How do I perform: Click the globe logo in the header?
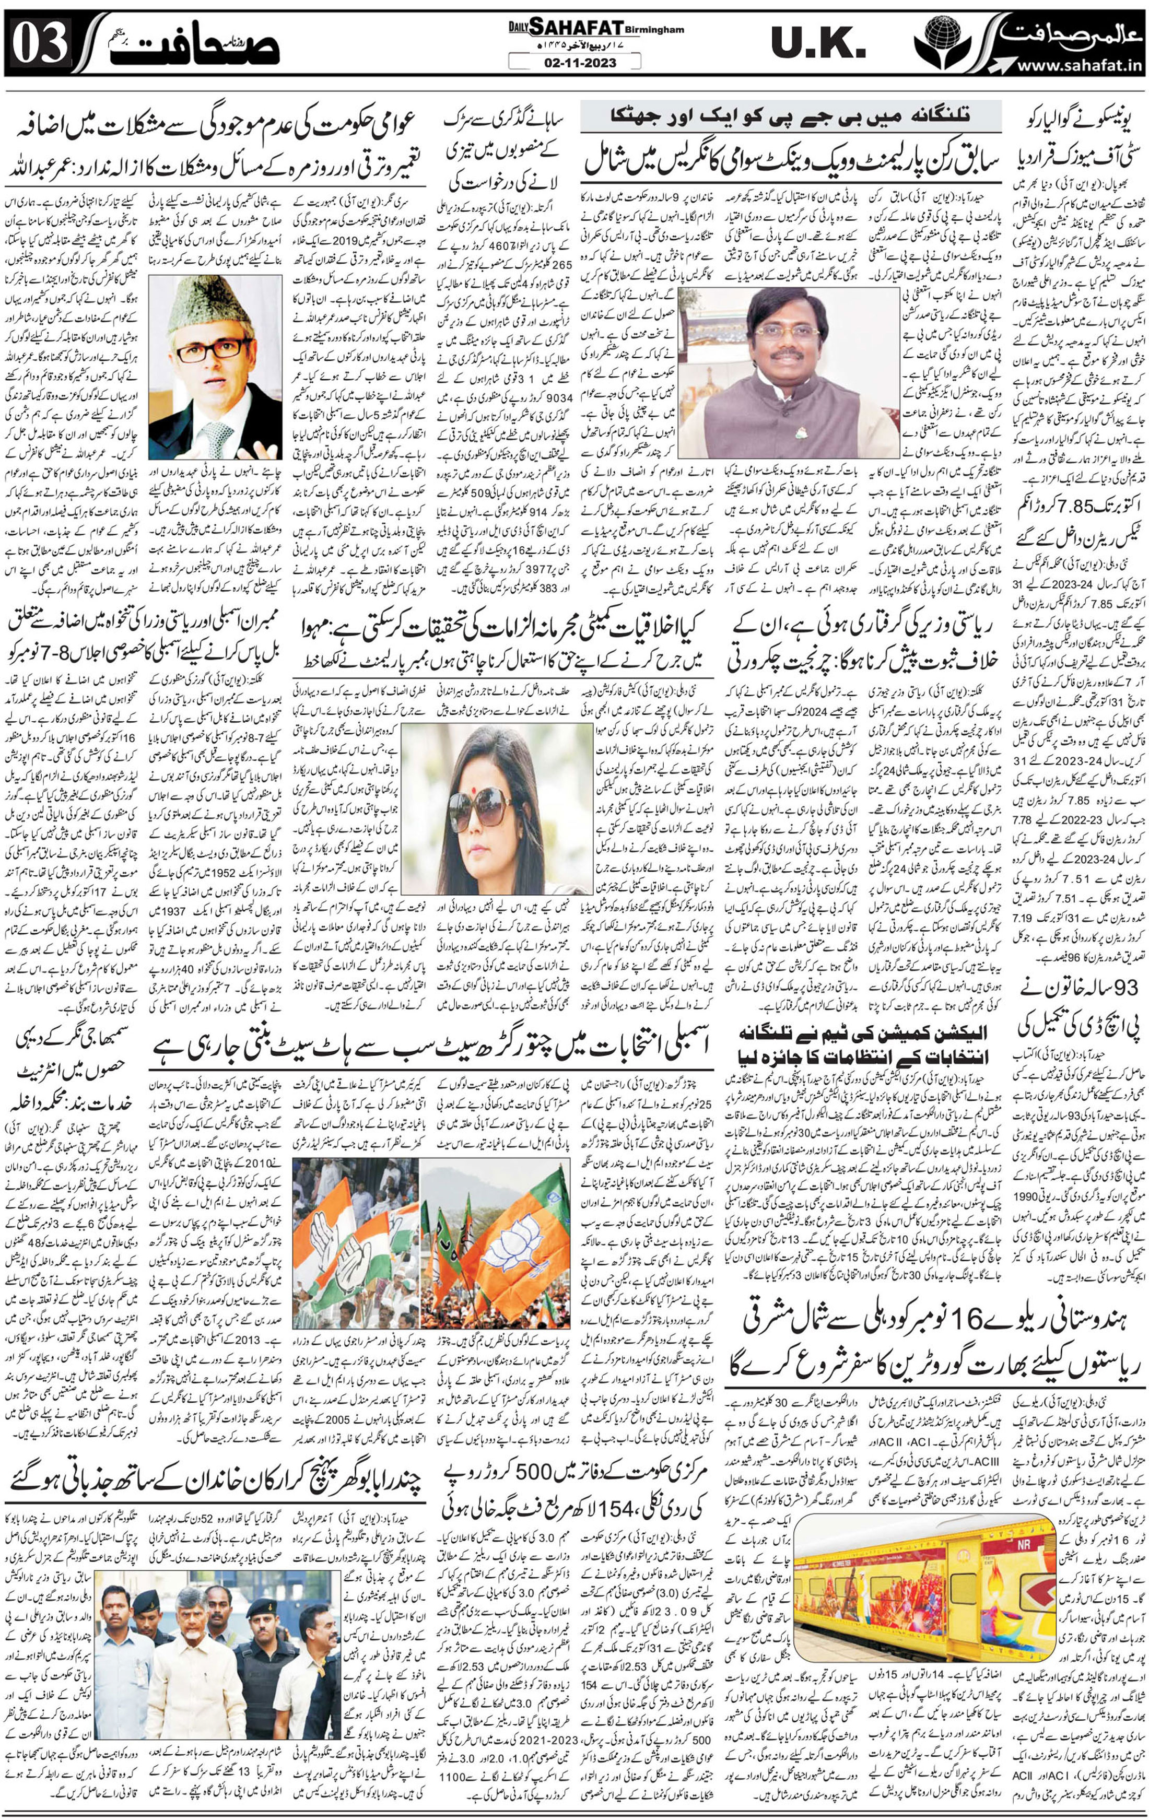point(951,42)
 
